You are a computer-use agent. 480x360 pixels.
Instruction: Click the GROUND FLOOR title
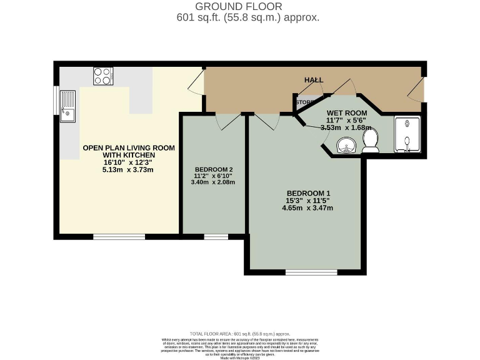(x=240, y=6)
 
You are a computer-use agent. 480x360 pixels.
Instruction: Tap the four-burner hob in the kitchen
(x=103, y=76)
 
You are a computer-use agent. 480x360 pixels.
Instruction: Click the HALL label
(x=314, y=80)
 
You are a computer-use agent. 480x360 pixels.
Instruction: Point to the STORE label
(x=305, y=102)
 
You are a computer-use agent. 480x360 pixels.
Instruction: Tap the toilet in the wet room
(x=371, y=141)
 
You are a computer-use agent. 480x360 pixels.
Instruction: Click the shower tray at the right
(x=408, y=134)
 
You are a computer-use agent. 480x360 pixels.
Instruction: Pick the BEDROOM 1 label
(x=307, y=192)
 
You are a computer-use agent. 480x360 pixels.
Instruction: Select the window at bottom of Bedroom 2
(x=216, y=237)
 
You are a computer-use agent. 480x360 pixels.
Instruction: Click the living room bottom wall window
(x=119, y=237)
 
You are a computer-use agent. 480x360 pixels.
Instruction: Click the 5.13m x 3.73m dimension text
(x=129, y=169)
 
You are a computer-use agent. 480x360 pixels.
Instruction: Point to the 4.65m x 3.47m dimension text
(x=307, y=208)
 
